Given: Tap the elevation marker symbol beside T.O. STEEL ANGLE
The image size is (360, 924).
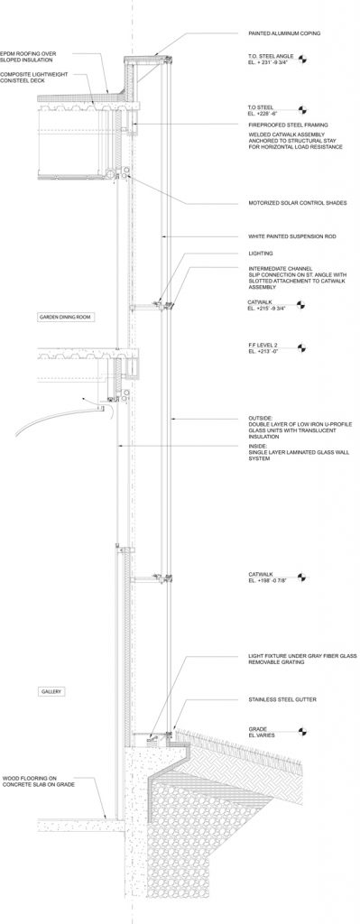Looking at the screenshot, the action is coord(303,62).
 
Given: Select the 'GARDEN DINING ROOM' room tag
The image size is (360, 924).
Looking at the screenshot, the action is coord(64,319).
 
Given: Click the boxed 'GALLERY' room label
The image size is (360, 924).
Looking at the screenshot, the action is coord(50,692).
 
